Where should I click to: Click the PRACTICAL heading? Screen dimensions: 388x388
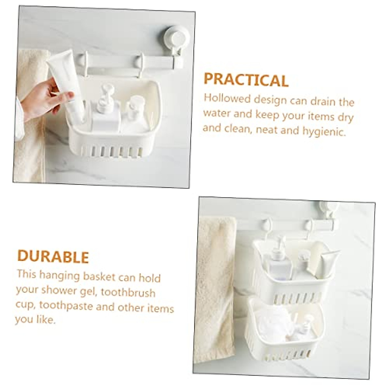246,80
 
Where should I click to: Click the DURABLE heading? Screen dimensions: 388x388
53,256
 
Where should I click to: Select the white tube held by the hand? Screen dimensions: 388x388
66,81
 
